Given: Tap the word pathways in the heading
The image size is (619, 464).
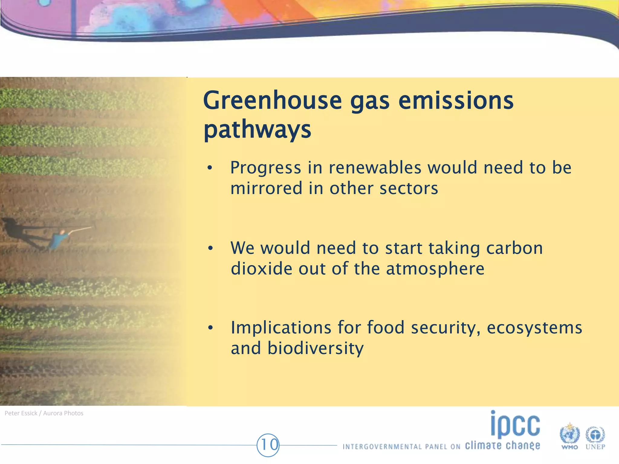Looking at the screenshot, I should tap(257, 130).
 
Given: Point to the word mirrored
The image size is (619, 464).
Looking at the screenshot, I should tap(266, 188).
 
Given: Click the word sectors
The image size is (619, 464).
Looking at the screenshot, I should tap(409, 188).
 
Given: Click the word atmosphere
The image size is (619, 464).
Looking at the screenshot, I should tap(435, 269).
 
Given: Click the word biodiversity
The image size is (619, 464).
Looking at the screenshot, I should tap(316, 348).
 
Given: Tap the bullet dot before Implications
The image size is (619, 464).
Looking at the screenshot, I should tap(211, 328).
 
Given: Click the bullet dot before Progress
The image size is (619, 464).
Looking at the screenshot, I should tap(210, 168).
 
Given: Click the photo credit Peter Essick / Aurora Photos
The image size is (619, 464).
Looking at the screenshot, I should tap(44, 413).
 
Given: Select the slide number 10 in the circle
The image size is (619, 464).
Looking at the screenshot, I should tap(268, 445).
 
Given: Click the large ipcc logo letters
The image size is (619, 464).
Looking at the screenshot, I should tap(515, 424).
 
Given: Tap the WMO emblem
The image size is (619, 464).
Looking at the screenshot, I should tap(569, 435).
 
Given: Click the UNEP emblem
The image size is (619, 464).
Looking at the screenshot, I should tap(595, 436).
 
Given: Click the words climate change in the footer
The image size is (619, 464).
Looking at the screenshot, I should tap(502, 446).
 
